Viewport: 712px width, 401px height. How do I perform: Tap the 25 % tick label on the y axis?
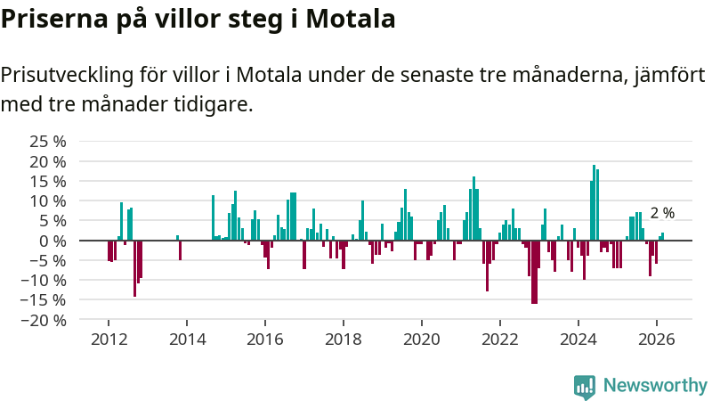pyautogui.click(x=48, y=142)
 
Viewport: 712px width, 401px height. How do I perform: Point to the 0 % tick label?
pyautogui.click(x=54, y=241)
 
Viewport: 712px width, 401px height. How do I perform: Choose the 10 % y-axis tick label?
pyautogui.click(x=48, y=201)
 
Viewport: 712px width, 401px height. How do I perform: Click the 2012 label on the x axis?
pyautogui.click(x=109, y=340)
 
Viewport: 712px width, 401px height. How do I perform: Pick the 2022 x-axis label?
pyautogui.click(x=500, y=340)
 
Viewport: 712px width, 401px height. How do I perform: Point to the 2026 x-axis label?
pyautogui.click(x=657, y=340)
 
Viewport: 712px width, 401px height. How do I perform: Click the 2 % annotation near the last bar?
pyautogui.click(x=662, y=213)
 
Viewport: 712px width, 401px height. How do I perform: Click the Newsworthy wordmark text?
pyautogui.click(x=655, y=385)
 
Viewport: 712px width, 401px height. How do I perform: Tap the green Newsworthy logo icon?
pyautogui.click(x=585, y=385)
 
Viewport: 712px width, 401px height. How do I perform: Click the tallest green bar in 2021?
pyautogui.click(x=473, y=209)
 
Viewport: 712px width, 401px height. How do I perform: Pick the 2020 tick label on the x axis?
pyautogui.click(x=422, y=340)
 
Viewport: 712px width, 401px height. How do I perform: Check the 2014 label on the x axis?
pyautogui.click(x=187, y=340)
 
